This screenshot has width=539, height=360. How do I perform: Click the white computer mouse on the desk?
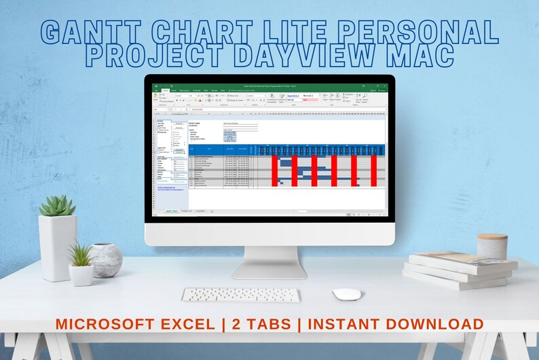pos(346,294)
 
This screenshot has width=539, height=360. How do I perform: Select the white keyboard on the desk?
pos(240,295)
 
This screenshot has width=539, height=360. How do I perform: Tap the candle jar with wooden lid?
pos(491,247)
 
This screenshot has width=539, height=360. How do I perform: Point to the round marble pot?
pos(106,260)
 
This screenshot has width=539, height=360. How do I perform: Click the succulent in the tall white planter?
pos(57,206)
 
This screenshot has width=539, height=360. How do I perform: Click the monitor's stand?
pos(269,262)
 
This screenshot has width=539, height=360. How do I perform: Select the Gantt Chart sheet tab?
pos(172,211)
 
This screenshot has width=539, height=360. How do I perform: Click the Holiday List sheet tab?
pos(186,211)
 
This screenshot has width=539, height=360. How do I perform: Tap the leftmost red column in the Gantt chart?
pos(275,170)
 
